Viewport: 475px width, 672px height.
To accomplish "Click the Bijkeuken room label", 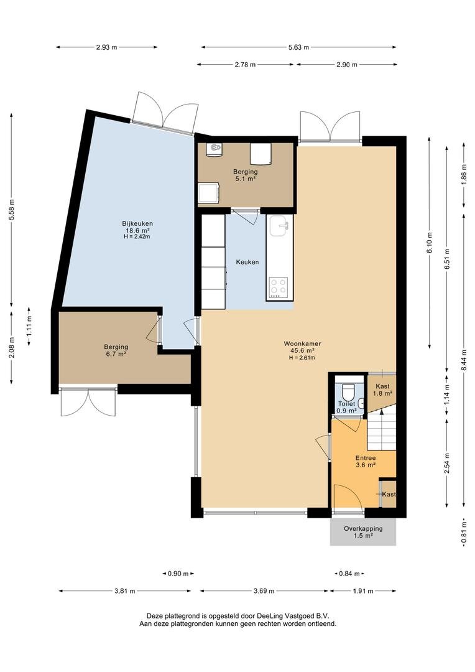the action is (137, 223).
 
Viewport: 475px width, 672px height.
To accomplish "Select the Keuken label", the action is (247, 262).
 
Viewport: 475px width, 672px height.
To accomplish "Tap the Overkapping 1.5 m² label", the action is (363, 532).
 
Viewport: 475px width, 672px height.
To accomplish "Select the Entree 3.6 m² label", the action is (366, 461).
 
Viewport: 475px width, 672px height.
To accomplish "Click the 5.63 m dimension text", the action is (299, 47).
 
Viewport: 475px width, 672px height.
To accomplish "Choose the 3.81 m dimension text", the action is (125, 591).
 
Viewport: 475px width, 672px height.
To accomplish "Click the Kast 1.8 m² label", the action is (382, 390).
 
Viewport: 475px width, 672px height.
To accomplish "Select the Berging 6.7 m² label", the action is (116, 350).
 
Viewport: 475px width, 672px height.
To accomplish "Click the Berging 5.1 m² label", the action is (246, 175).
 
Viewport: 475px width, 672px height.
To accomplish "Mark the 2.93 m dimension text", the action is (107, 47).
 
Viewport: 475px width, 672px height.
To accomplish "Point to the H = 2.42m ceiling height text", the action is (137, 236).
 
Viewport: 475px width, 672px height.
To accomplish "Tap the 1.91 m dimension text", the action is (363, 591).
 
